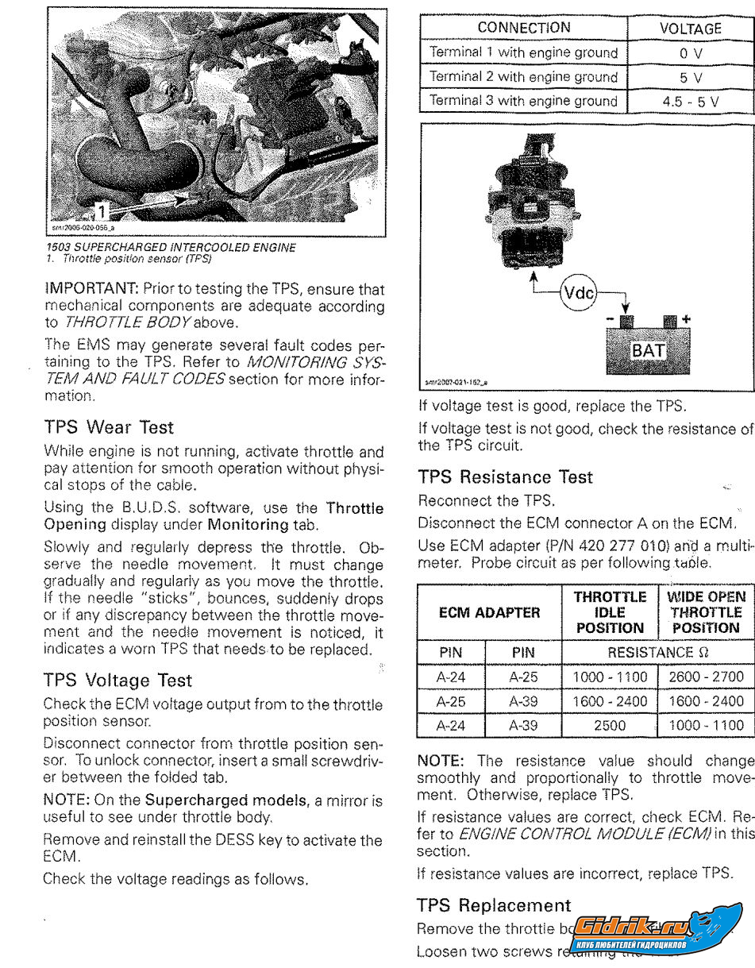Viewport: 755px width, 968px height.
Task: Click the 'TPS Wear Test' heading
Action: (x=108, y=426)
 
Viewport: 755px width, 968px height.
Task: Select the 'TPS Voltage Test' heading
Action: (x=117, y=680)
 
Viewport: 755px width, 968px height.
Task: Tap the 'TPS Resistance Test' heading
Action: (x=505, y=477)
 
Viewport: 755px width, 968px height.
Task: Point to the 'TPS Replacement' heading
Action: (x=494, y=905)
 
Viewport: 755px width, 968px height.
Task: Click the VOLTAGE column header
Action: (x=690, y=28)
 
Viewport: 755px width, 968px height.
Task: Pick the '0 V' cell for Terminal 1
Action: (x=690, y=53)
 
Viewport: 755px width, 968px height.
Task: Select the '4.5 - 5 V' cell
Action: (x=690, y=102)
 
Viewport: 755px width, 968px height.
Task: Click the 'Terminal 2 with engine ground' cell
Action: (x=523, y=77)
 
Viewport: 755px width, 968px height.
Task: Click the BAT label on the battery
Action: (x=648, y=350)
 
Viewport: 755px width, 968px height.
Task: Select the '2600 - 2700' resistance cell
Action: (x=706, y=677)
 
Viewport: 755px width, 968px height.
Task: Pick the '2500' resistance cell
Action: (x=609, y=725)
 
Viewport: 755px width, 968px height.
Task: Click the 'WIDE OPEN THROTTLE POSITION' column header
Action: (x=706, y=612)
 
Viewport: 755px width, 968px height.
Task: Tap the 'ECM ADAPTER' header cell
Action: (x=489, y=612)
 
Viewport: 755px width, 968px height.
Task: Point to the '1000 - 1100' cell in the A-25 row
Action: (x=609, y=677)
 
